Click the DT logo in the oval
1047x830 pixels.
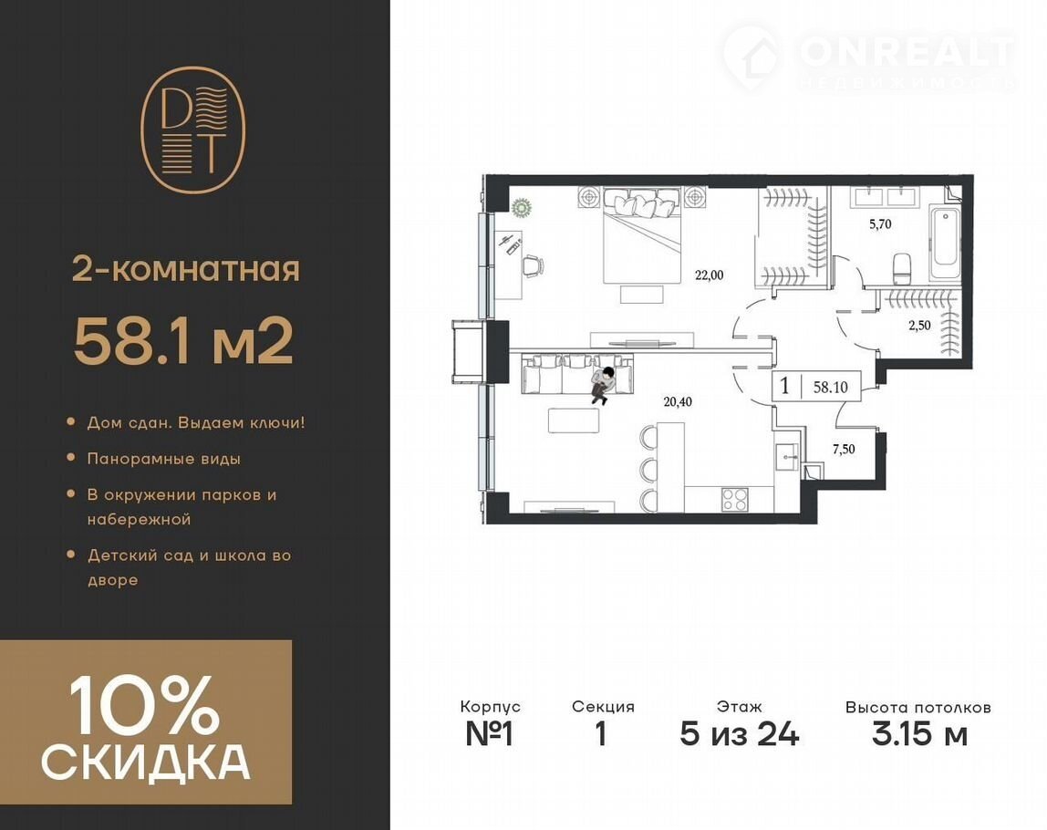point(192,130)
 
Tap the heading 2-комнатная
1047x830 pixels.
point(186,270)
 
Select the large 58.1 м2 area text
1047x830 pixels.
point(183,341)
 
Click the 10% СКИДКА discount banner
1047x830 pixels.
point(146,722)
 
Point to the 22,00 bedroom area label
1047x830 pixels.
point(710,275)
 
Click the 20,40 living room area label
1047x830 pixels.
point(678,401)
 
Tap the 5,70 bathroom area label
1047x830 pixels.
point(880,224)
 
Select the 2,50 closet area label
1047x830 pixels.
point(919,326)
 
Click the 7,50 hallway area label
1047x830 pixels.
point(844,450)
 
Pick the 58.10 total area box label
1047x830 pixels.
point(831,387)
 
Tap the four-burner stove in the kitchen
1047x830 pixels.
point(735,500)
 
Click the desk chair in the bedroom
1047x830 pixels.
point(533,265)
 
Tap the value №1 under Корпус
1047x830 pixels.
point(490,734)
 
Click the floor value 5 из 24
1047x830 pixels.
point(739,734)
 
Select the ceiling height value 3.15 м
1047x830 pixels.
point(919,734)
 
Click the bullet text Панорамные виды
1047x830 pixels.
point(164,459)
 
